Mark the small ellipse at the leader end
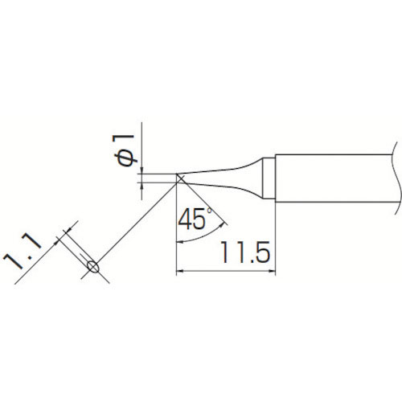pyautogui.click(x=92, y=266)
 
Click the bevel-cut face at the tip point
pyautogui.click(x=180, y=178)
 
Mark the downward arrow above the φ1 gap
pyautogui.click(x=142, y=169)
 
